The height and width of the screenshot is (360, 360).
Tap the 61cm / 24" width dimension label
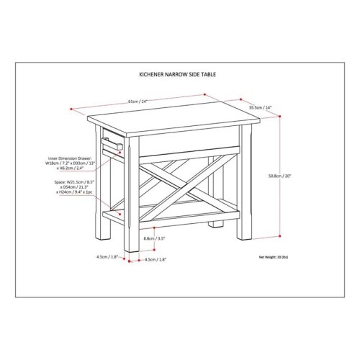(x=140, y=101)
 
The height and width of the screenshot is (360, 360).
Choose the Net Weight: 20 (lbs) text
(x=273, y=256)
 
